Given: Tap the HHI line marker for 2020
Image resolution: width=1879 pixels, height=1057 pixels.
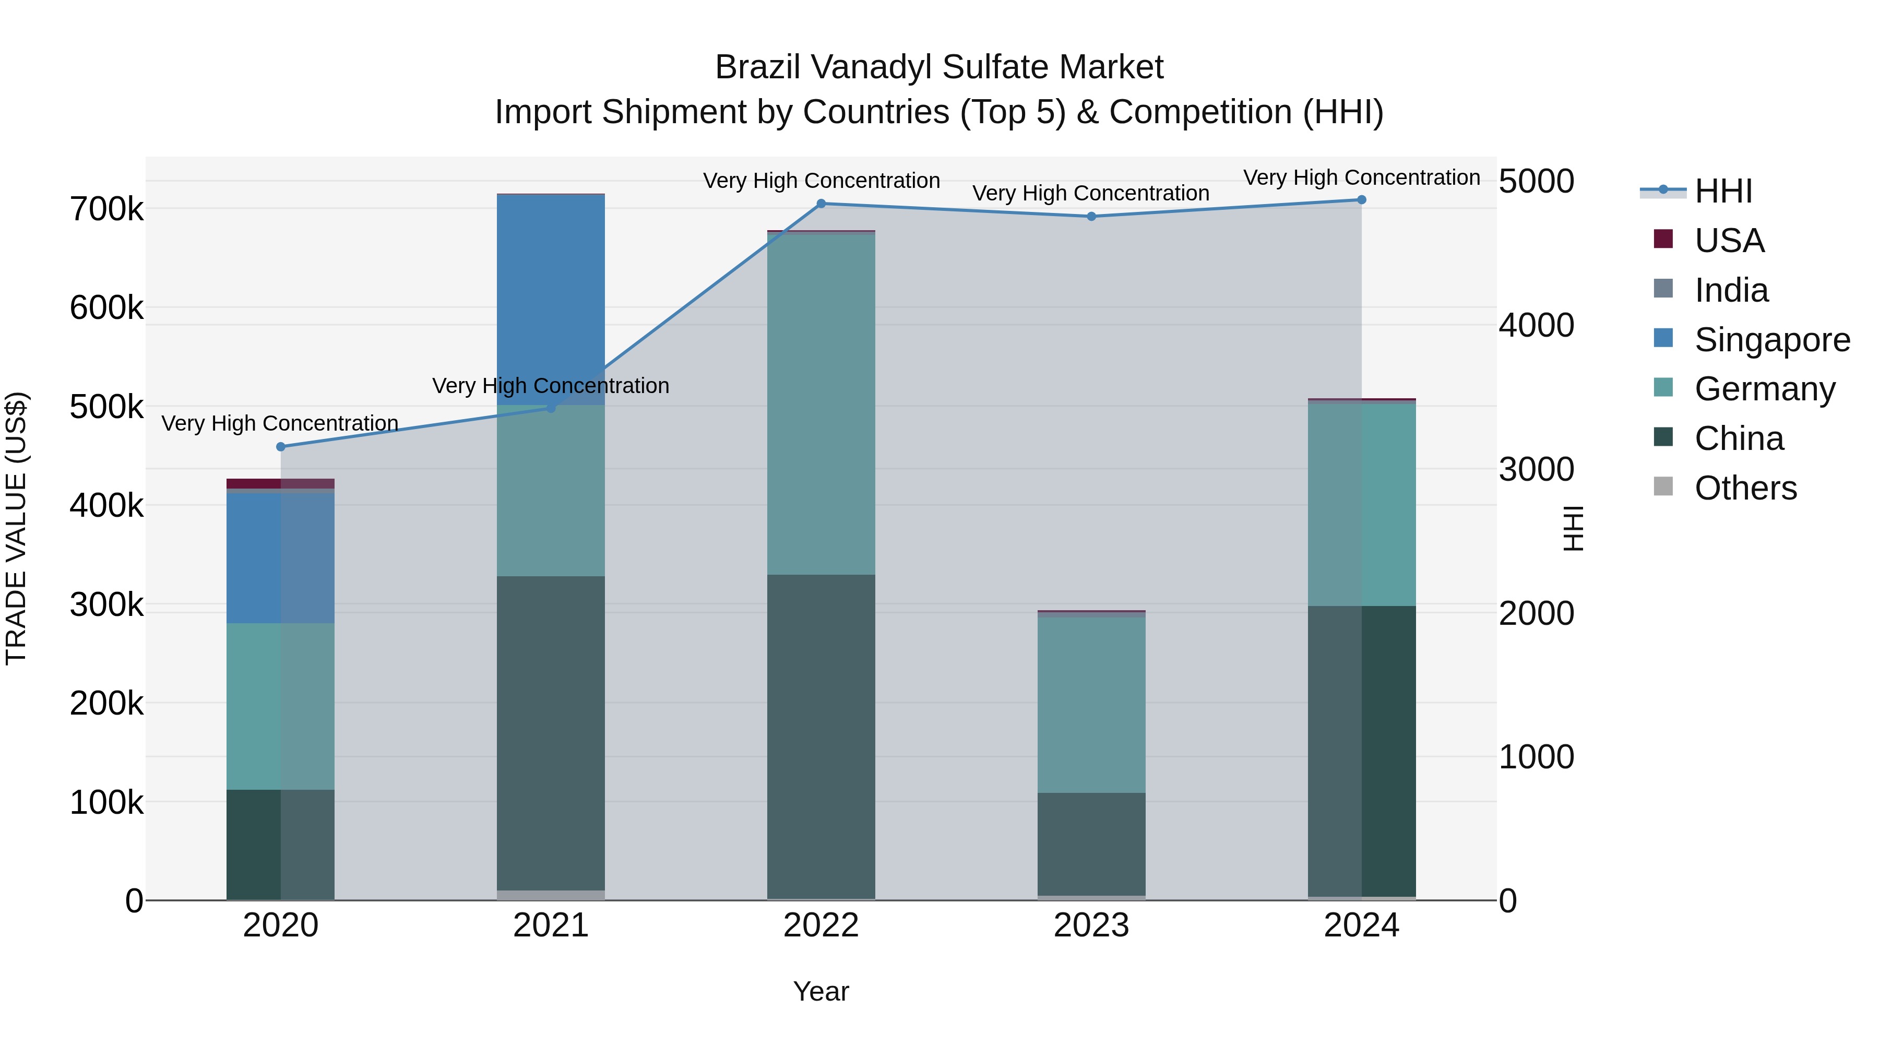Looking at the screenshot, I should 281,446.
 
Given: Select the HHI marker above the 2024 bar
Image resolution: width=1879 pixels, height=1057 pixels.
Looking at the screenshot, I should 1361,200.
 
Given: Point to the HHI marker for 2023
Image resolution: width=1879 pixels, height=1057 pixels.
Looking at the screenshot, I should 1091,216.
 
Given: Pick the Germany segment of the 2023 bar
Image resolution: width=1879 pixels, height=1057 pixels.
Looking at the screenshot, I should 1091,704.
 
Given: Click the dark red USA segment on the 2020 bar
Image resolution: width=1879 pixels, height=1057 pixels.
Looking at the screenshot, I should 254,484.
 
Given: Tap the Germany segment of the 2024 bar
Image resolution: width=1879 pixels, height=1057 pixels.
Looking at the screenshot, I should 1361,503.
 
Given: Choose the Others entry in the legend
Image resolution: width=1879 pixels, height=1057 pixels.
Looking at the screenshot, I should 1745,488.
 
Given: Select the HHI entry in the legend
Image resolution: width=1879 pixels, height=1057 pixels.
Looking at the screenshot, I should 1723,191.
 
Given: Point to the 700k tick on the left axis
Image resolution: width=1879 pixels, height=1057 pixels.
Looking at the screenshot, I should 106,210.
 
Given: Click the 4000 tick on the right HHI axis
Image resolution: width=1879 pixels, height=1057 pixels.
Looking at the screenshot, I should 1536,325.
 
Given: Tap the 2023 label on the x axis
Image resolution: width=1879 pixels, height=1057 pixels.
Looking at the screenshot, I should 1091,925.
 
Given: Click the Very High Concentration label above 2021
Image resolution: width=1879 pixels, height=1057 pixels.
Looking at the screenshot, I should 551,385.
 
